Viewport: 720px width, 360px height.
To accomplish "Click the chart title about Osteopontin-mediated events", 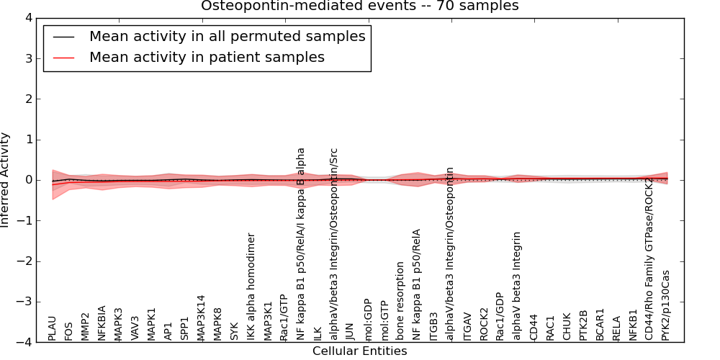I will click(x=359, y=6).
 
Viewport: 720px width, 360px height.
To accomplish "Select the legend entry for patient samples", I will click(x=207, y=57).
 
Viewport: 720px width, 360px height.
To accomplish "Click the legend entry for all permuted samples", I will click(x=227, y=36).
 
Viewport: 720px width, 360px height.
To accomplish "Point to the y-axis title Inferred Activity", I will click(x=6, y=180).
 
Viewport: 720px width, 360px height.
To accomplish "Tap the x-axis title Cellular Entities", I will click(x=359, y=351).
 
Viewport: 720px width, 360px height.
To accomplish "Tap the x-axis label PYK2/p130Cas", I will click(x=666, y=305).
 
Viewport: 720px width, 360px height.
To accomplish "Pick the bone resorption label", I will click(x=401, y=301).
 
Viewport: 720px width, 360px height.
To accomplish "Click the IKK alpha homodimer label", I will click(x=252, y=287).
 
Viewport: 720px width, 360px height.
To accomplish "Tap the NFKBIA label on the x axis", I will click(x=102, y=321).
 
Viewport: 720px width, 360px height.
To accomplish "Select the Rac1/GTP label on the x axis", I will click(x=284, y=318).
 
